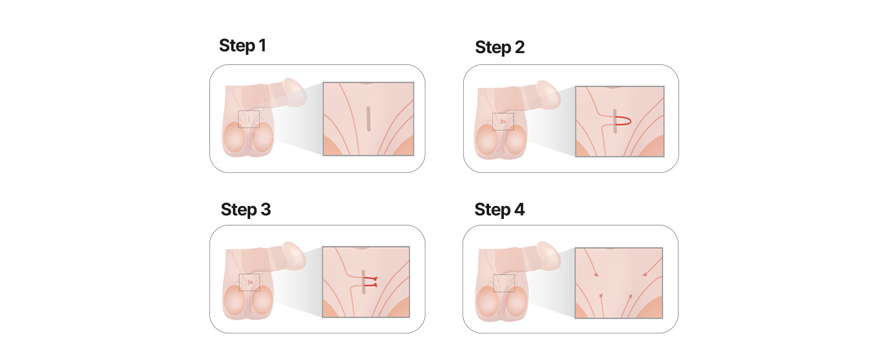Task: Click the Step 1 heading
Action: coord(242,45)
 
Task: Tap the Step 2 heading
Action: coord(500,47)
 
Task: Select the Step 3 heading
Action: coord(246,210)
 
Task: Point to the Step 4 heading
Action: coord(499,210)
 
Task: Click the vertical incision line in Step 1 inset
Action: coord(369,119)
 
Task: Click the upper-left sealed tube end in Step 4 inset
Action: coord(596,274)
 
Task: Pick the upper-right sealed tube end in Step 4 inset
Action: coord(645,274)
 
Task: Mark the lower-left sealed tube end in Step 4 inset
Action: coord(601,296)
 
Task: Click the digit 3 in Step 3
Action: coord(265,210)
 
